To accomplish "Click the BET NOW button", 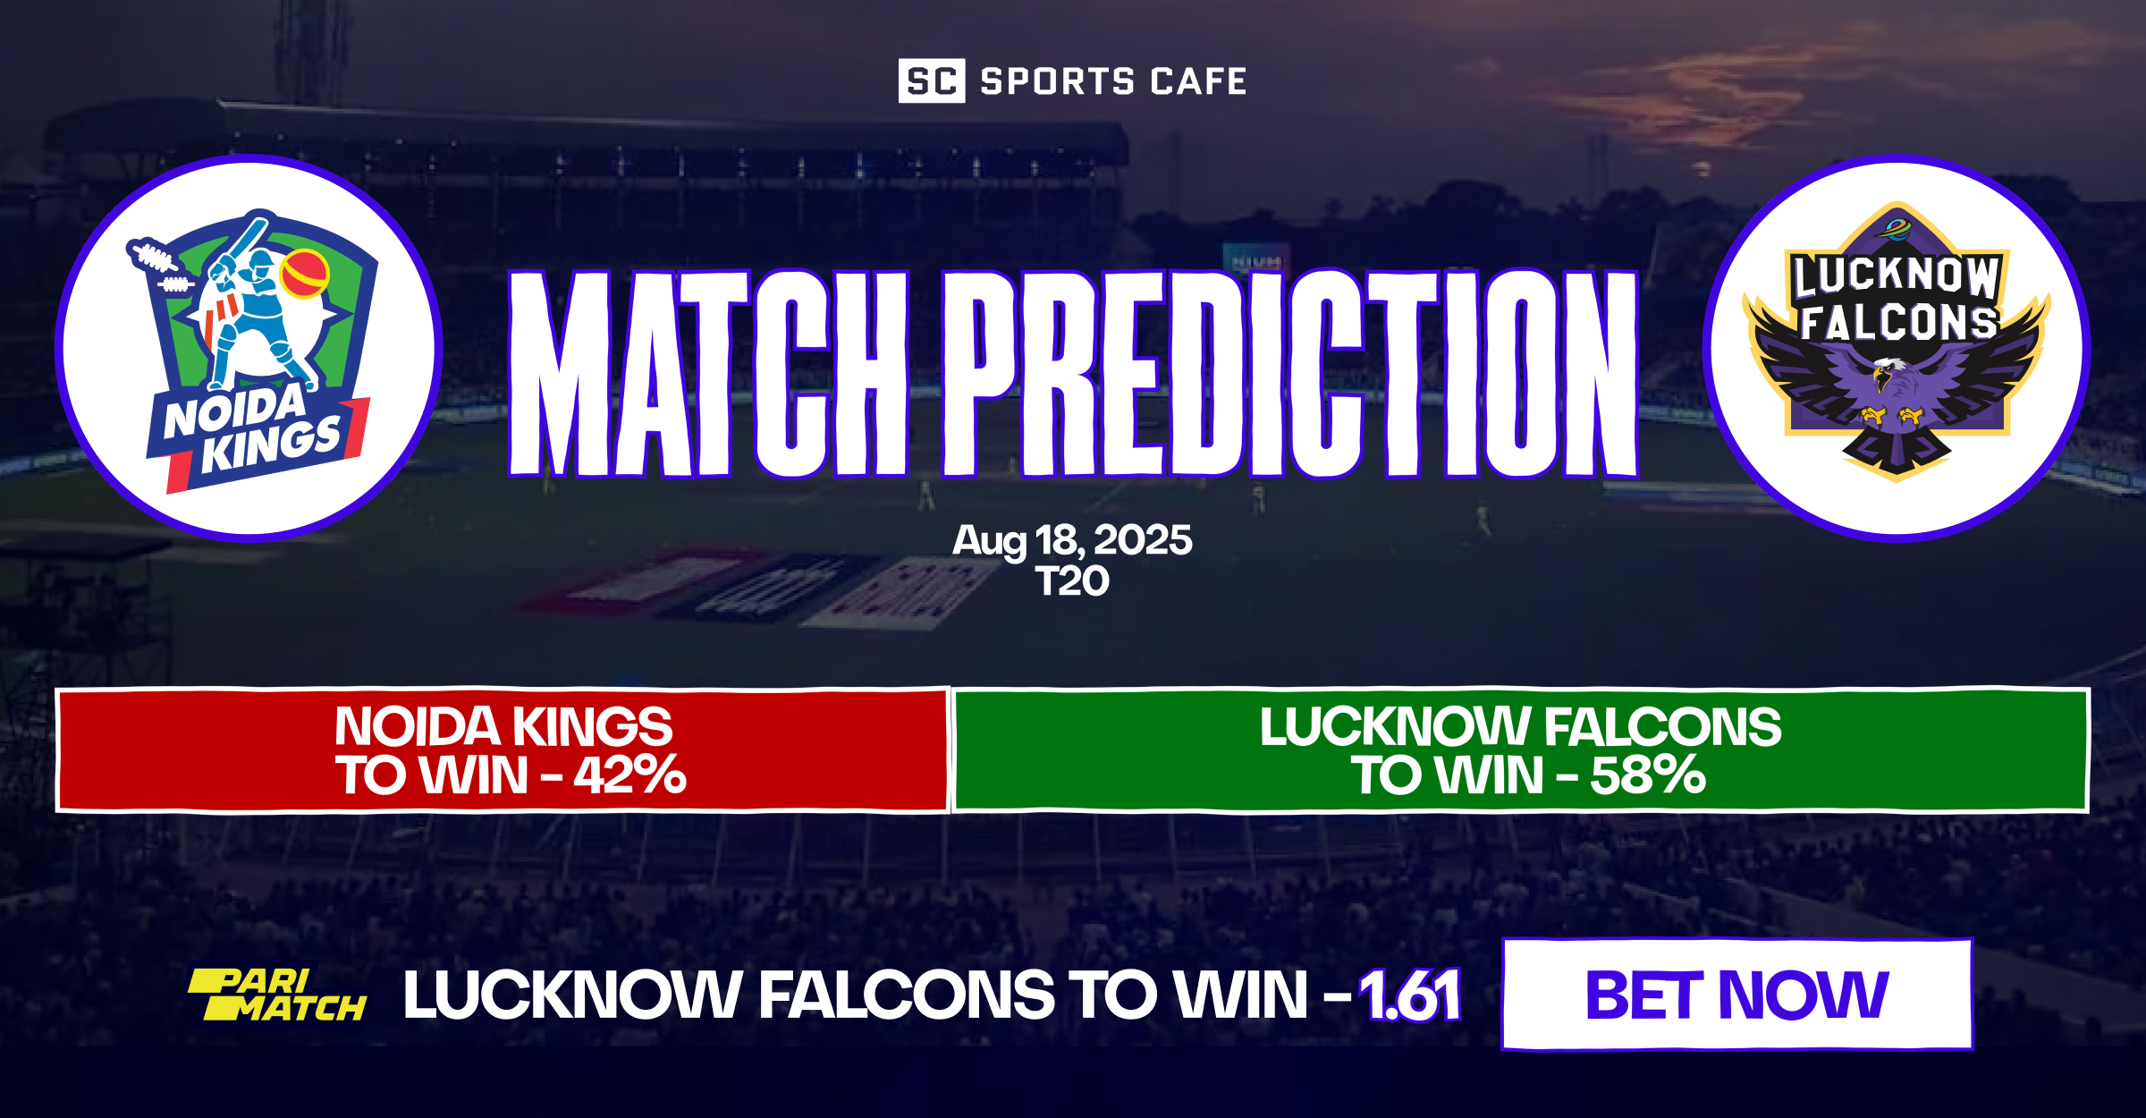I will pyautogui.click(x=1736, y=995).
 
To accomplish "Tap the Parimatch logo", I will pyautogui.click(x=277, y=995).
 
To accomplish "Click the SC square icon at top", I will pyautogui.click(x=931, y=81).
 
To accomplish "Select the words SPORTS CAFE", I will pyautogui.click(x=1113, y=81).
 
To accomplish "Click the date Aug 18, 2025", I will pyautogui.click(x=1072, y=540).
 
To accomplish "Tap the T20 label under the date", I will pyautogui.click(x=1072, y=581).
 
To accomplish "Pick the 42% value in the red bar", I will pyautogui.click(x=630, y=775).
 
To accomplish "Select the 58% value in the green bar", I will pyautogui.click(x=1648, y=775).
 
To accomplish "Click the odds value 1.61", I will pyautogui.click(x=1410, y=995).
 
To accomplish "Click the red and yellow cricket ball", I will pyautogui.click(x=305, y=273).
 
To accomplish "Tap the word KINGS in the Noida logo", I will pyautogui.click(x=270, y=445).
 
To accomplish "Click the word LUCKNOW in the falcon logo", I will pyautogui.click(x=1896, y=275).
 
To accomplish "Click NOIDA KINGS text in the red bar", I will pyautogui.click(x=503, y=726).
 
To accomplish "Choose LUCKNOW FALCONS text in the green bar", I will pyautogui.click(x=1520, y=726).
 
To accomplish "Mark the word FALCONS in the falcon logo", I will pyautogui.click(x=1897, y=322).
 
